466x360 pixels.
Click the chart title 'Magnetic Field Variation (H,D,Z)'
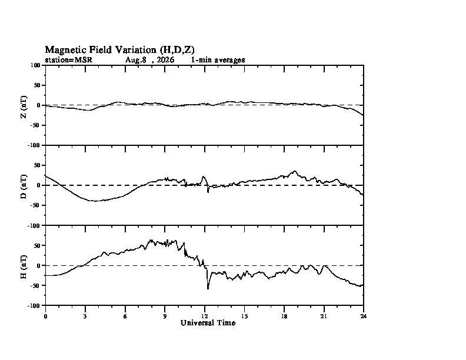coord(119,50)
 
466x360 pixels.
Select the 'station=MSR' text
coord(69,60)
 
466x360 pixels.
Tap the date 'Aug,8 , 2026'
coord(149,60)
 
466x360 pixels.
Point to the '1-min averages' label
coord(218,60)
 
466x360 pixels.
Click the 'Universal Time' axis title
coord(208,323)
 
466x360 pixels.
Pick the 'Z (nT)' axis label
coord(24,107)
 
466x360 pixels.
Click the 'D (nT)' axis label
coord(24,186)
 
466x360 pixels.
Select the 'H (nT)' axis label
coord(24,266)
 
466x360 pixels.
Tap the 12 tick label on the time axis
coord(205,316)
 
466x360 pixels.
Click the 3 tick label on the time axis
coord(85,316)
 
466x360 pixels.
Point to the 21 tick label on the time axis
coord(324,316)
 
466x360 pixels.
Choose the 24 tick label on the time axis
coord(364,316)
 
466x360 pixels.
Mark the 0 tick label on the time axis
coord(45,316)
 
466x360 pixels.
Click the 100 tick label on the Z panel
coord(35,65)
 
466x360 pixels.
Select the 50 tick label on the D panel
coord(37,165)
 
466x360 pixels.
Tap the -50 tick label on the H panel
coord(36,286)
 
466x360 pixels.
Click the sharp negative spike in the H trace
coord(208,288)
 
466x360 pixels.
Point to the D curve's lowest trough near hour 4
coord(95,201)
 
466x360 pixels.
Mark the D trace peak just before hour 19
coord(295,171)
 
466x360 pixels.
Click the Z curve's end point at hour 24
coord(363,115)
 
